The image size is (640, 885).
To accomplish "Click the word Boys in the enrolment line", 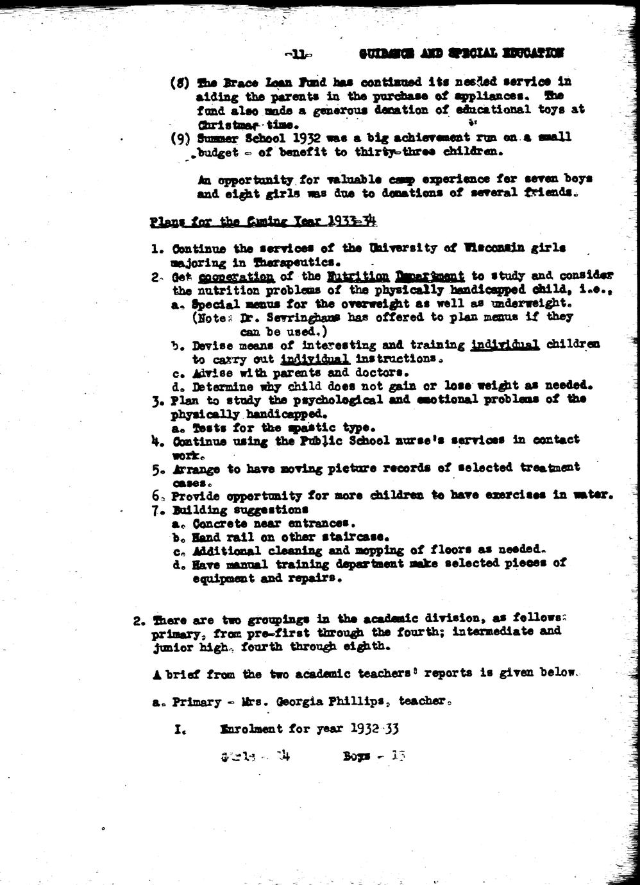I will click(x=357, y=756).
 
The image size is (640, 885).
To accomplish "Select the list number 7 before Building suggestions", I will click(x=156, y=510).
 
